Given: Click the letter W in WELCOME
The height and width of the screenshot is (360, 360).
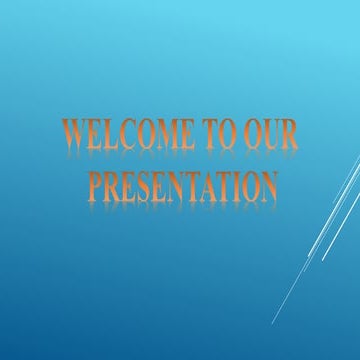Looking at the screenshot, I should [74, 137].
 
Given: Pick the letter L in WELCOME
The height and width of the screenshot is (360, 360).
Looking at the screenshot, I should [103, 137].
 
